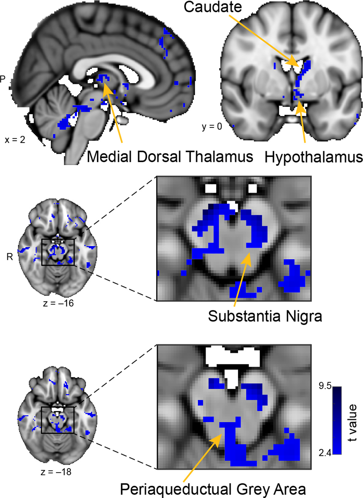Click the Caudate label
(x=213, y=7)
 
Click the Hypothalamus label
(x=314, y=157)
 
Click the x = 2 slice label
(x=15, y=140)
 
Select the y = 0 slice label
(x=212, y=126)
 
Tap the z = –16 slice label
(x=58, y=303)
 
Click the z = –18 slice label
(x=56, y=472)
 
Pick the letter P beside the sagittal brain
(x=3, y=79)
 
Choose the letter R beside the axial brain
(x=10, y=257)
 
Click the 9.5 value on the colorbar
(x=325, y=386)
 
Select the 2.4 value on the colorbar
(x=325, y=453)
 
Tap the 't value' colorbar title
(x=353, y=423)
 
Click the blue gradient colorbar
(x=337, y=420)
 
